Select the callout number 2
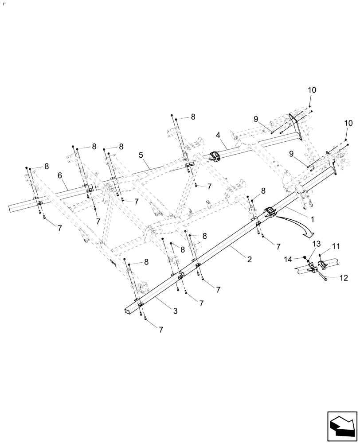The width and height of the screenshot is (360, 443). pyautogui.click(x=250, y=260)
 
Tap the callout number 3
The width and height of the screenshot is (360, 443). pyautogui.click(x=175, y=311)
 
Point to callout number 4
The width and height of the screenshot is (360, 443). pyautogui.click(x=218, y=134)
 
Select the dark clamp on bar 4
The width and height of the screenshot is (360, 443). pyautogui.click(x=214, y=156)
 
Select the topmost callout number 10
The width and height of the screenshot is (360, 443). pyautogui.click(x=312, y=90)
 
